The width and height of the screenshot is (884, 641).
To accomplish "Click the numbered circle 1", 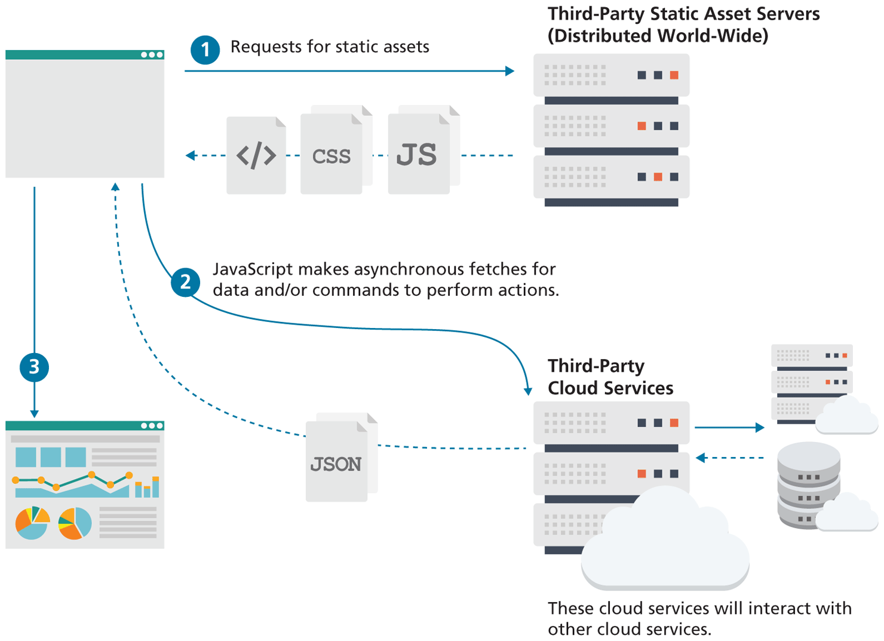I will [x=205, y=50].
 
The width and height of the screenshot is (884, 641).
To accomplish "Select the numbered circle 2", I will [x=185, y=282].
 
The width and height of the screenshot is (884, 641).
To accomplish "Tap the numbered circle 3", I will [x=34, y=367].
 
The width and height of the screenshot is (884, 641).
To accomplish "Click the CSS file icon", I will [x=331, y=155].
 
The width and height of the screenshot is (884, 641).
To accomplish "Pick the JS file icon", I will [x=418, y=154].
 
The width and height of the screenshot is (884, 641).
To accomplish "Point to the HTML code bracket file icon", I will [x=256, y=155].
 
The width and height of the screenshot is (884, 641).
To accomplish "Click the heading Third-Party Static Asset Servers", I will [x=683, y=14].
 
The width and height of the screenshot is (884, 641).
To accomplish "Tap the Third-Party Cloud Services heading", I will [x=610, y=377].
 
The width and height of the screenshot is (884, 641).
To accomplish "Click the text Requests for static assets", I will [x=330, y=47].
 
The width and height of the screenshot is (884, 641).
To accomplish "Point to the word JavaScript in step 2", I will [x=253, y=269].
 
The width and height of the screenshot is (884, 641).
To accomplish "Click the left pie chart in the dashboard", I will [x=32, y=523].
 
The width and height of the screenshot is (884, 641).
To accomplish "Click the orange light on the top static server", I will [x=674, y=75].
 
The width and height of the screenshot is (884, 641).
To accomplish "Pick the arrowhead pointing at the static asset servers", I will [x=509, y=71].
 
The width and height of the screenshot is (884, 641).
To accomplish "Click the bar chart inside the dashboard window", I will [x=147, y=487].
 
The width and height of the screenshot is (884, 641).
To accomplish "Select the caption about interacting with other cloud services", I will [x=699, y=618].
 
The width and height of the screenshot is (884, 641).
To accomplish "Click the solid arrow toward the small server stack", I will [x=729, y=428].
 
